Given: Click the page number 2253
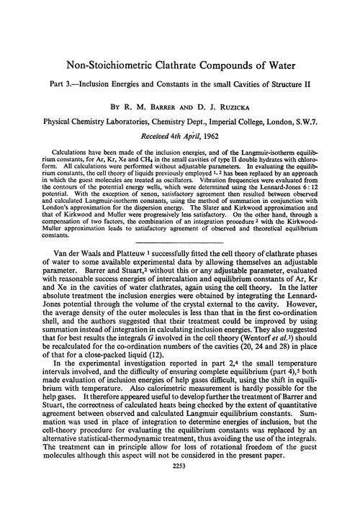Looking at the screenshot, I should (x=180, y=508).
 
